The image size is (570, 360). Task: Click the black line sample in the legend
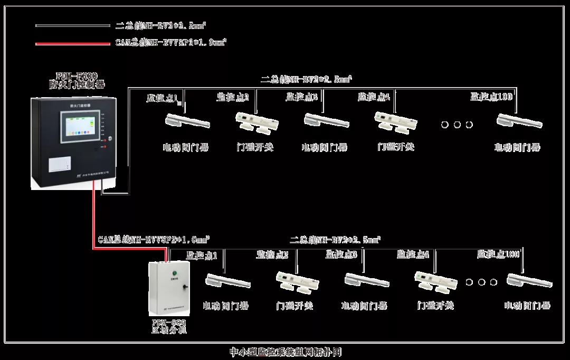click(x=72, y=25)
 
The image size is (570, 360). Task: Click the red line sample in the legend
click(x=72, y=43)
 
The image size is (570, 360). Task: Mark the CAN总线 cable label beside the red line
click(x=154, y=240)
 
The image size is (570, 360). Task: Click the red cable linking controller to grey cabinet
click(x=94, y=222)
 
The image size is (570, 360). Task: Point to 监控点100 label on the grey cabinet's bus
click(x=498, y=254)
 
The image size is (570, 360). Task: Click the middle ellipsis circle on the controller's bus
click(x=457, y=125)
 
